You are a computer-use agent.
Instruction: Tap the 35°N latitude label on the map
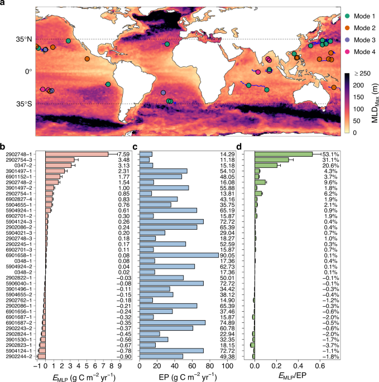(x=23, y=39)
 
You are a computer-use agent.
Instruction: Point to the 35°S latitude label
(x=23, y=104)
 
